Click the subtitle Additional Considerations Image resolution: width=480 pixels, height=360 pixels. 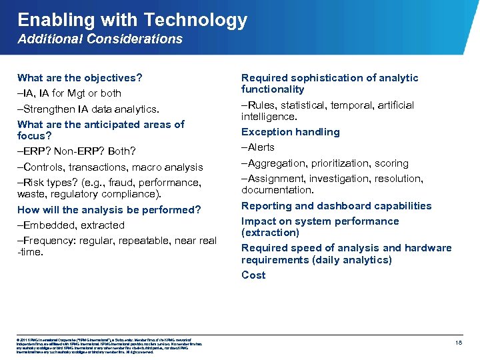click(100, 39)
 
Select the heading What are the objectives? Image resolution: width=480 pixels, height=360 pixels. click(80, 78)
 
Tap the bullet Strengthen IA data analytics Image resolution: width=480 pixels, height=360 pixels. click(89, 109)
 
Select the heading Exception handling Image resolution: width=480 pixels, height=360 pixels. click(290, 132)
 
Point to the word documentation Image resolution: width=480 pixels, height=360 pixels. click(275, 190)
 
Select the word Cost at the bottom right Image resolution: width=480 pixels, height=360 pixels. click(253, 275)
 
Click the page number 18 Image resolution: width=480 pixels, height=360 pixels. click(459, 342)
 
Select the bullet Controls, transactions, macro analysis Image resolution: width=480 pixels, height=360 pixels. click(110, 167)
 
